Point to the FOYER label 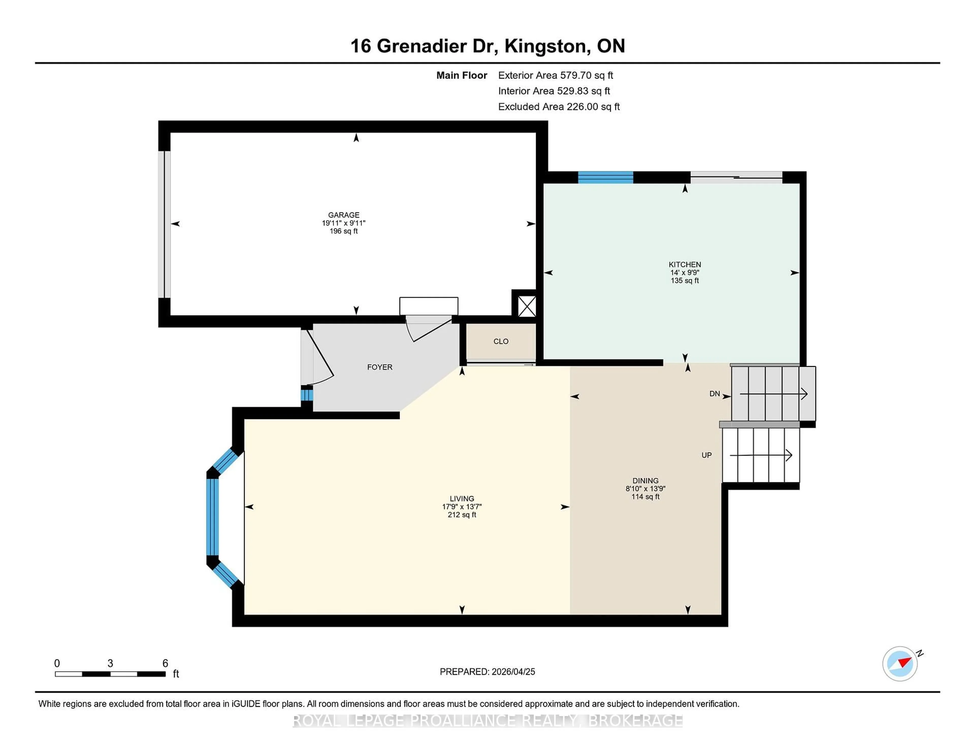380,367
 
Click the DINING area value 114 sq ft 645,497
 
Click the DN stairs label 714,393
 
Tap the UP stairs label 706,455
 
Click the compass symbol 900,663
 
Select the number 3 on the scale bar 110,663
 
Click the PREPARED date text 487,671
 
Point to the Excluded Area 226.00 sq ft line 559,107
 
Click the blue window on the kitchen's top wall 605,177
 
